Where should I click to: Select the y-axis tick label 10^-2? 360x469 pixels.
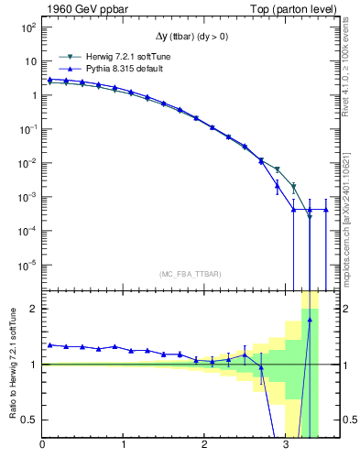coord(27,163)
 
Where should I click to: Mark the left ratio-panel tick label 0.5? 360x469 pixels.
coord(30,420)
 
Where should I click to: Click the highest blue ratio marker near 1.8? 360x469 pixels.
coord(310,320)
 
